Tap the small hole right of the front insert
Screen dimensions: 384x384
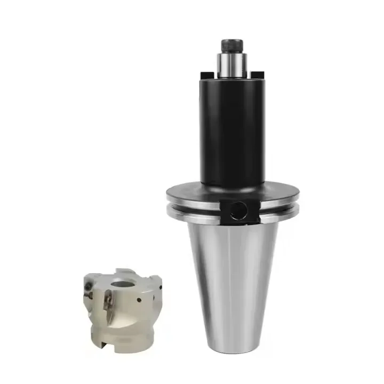tap(140, 300)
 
